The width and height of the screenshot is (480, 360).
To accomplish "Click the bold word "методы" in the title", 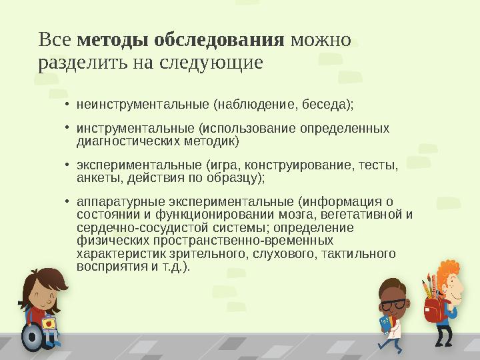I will pyautogui.click(x=114, y=39).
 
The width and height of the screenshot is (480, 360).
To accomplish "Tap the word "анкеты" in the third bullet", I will pyautogui.click(x=97, y=177).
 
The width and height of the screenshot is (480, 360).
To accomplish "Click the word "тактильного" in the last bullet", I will pyautogui.click(x=363, y=253).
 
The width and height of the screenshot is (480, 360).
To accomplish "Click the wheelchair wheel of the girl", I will pyautogui.click(x=31, y=337).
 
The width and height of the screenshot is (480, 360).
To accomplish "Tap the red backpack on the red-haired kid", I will pyautogui.click(x=432, y=309).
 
